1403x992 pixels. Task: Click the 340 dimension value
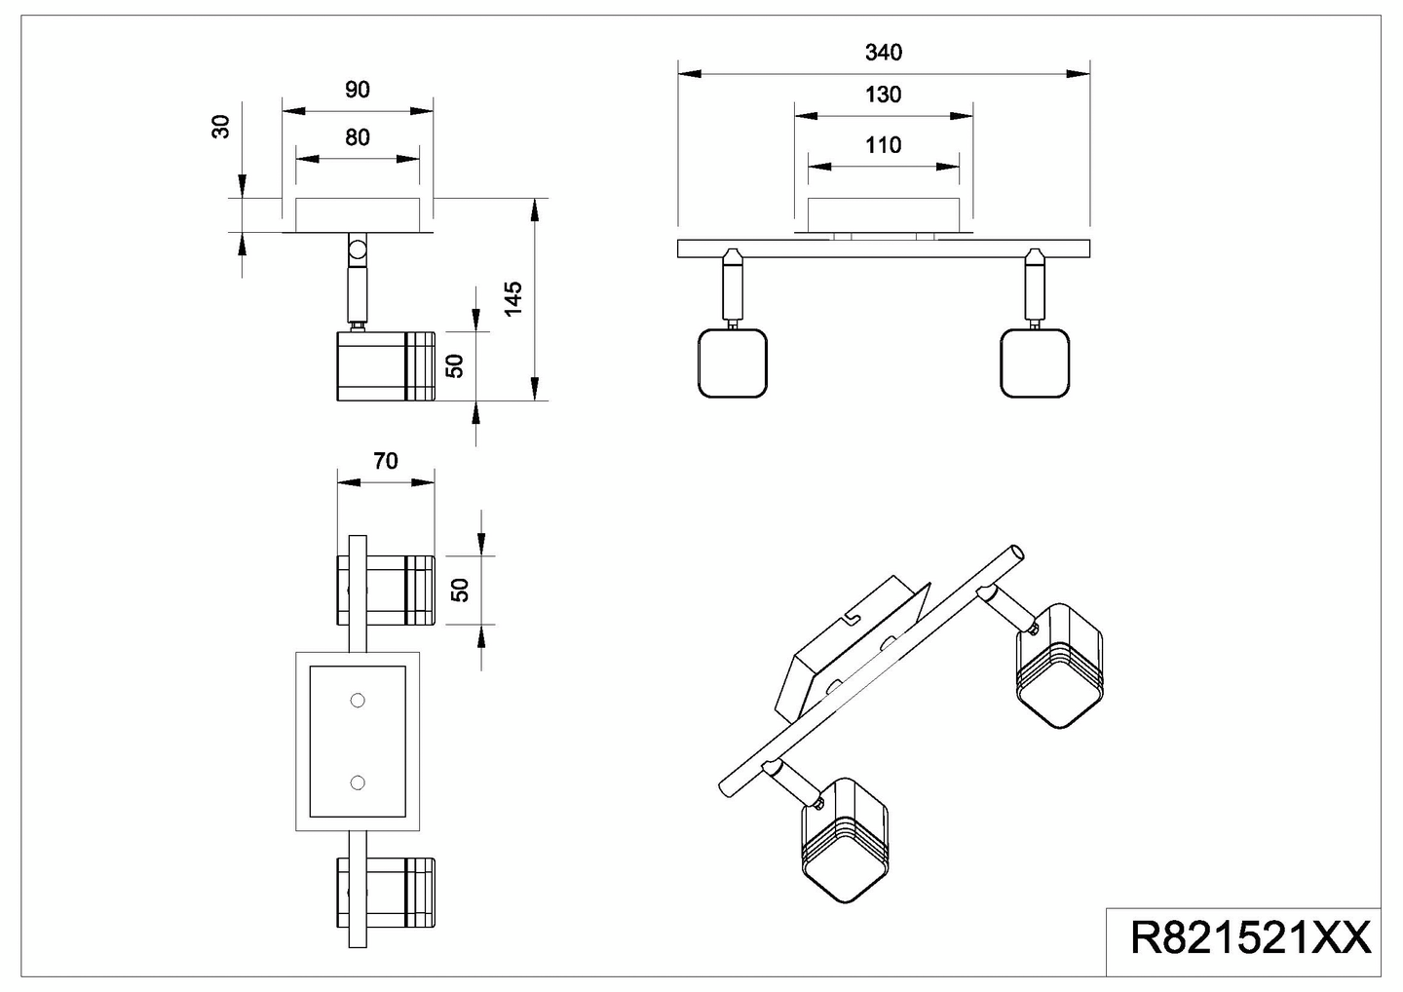point(883,53)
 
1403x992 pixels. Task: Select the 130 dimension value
point(883,95)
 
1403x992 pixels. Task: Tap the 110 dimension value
point(883,145)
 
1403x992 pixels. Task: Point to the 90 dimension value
point(358,90)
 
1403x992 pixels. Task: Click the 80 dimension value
point(358,137)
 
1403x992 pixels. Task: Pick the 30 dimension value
point(222,126)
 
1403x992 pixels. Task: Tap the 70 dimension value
point(386,461)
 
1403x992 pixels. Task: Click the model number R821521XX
point(1250,939)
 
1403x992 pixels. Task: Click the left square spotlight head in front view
point(734,362)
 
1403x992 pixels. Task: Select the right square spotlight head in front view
point(1035,362)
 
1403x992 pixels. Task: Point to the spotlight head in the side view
point(385,366)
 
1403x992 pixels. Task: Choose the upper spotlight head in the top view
point(386,590)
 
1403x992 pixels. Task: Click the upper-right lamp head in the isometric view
point(1059,665)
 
